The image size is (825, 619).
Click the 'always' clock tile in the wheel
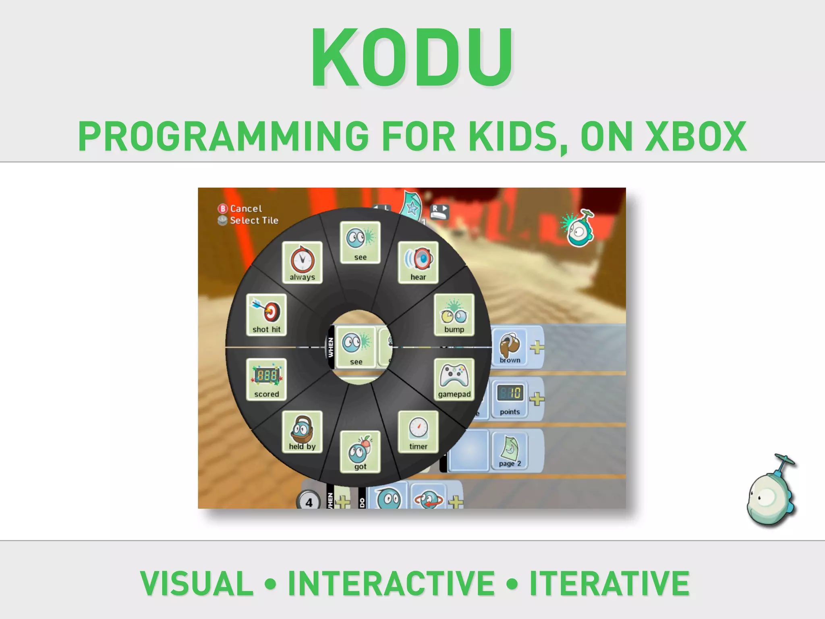(302, 262)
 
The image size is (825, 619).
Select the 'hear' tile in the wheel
(418, 262)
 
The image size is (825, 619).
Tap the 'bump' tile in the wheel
(454, 315)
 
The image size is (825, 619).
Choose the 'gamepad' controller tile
(454, 379)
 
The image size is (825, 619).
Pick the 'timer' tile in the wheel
(418, 432)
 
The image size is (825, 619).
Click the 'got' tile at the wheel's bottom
(360, 451)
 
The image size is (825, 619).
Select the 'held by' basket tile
(302, 432)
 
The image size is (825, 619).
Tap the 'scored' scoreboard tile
(266, 379)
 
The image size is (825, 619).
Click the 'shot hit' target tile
(266, 315)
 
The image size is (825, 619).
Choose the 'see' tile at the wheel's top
(360, 242)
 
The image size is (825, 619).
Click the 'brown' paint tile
(510, 347)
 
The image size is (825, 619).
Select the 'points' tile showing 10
(510, 399)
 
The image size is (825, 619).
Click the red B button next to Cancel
(223, 208)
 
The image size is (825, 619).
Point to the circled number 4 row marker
(309, 502)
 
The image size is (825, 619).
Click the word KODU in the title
(412, 58)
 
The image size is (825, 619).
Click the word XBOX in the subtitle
(696, 137)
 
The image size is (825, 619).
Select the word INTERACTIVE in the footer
(391, 583)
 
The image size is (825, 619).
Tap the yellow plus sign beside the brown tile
(537, 347)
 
